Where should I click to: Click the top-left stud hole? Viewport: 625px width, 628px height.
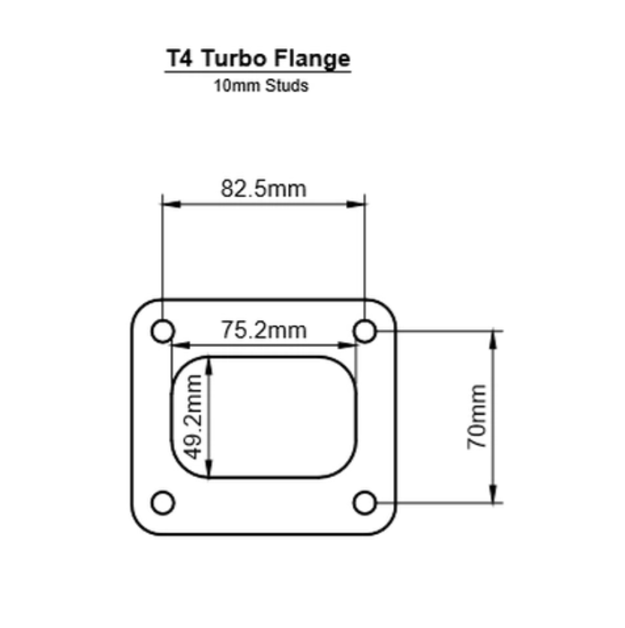[x=163, y=331]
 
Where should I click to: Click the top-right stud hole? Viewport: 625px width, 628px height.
[x=365, y=331]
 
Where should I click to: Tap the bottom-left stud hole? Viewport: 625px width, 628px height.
[x=163, y=503]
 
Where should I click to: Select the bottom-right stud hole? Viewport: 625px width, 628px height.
[x=365, y=503]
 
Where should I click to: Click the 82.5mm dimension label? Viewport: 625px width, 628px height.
[x=263, y=188]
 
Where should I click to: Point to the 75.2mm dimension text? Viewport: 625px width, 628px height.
[x=263, y=330]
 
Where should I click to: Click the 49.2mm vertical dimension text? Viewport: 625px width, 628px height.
[x=194, y=418]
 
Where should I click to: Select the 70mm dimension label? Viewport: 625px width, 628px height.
[x=476, y=417]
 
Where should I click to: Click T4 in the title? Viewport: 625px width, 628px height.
[x=179, y=59]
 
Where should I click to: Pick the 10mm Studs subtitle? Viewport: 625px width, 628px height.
[x=260, y=86]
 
